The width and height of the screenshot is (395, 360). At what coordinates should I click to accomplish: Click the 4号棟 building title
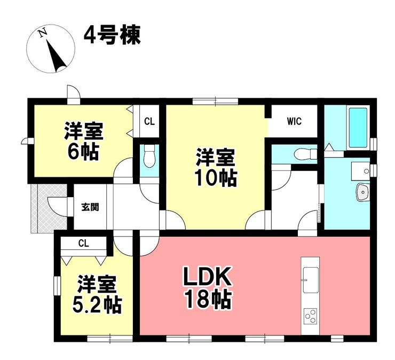coord(112,35)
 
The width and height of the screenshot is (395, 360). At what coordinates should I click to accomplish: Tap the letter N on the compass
coord(43,33)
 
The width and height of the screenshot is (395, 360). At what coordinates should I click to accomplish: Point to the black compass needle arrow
coord(57,56)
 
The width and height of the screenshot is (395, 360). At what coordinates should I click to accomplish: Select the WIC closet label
coord(294,121)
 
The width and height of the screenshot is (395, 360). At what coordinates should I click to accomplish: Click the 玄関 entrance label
coord(90,207)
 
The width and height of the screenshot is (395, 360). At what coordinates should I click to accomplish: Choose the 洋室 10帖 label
coord(216,168)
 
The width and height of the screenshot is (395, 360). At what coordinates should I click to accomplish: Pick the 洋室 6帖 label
coord(84,141)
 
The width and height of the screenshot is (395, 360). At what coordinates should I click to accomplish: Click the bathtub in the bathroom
coord(358,128)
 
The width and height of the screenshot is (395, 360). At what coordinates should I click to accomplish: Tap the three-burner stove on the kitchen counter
coord(310,316)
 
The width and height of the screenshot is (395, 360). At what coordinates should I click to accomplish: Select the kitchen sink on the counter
coord(310,280)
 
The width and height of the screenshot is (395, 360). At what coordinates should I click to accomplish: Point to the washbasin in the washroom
coord(363,192)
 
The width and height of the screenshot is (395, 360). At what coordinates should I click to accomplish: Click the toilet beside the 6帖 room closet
coord(149,156)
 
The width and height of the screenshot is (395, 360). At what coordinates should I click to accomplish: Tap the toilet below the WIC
coord(305,153)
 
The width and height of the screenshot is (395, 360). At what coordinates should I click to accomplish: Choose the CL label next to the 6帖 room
coord(149,121)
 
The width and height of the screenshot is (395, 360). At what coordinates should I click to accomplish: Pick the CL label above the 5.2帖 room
coord(84,244)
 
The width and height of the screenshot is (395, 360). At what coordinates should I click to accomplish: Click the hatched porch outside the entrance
coord(49,208)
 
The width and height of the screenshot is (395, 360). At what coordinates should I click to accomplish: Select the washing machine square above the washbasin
coord(360,171)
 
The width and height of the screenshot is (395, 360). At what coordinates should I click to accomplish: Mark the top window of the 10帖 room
coord(216,101)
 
